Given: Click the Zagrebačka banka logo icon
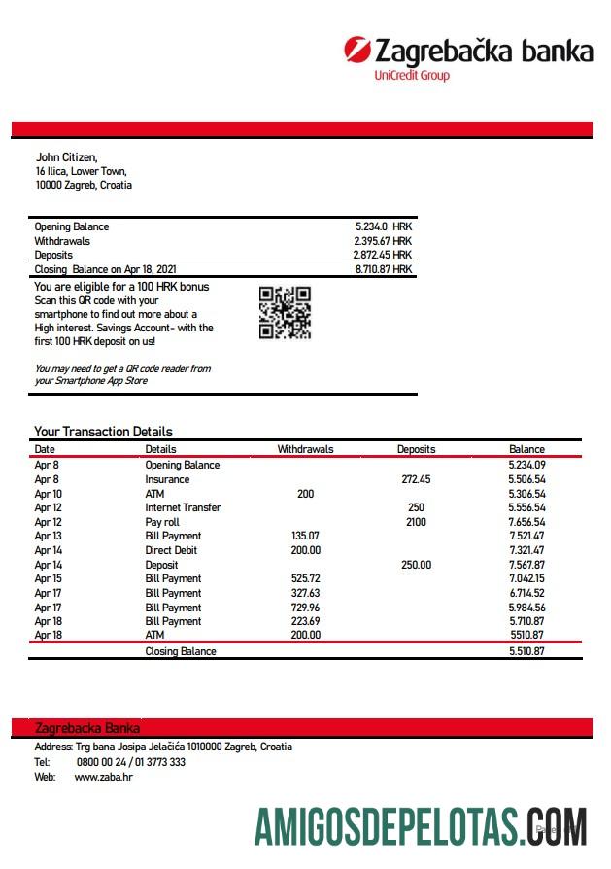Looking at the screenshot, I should click(357, 49).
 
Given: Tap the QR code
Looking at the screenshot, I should click(285, 313).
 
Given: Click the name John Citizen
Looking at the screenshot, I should click(66, 156).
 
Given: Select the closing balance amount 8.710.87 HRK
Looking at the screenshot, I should click(384, 269).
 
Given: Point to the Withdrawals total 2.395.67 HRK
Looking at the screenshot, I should click(384, 241).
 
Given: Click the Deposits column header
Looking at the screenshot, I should click(416, 449).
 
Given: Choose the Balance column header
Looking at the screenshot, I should click(526, 449).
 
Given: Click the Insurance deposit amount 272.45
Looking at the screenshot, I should click(416, 479).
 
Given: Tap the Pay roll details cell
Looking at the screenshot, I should click(162, 522).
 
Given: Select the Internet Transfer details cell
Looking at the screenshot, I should click(183, 507).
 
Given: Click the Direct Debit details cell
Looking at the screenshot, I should click(171, 550).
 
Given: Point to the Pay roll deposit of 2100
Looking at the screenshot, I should click(416, 522).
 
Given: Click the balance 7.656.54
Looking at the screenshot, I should click(526, 522).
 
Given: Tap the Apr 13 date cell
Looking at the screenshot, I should click(48, 536).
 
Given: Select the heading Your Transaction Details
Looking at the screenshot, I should click(103, 432).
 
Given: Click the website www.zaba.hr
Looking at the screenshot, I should click(103, 777).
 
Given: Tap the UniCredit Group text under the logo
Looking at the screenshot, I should click(412, 75).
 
